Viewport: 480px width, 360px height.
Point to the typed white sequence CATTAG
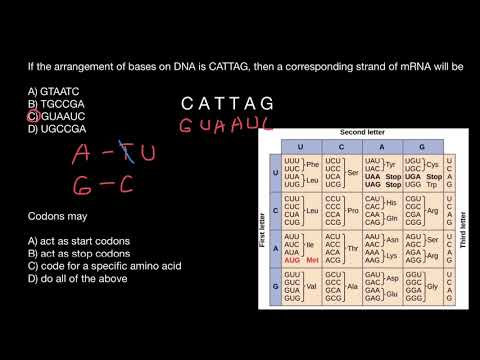point(227,103)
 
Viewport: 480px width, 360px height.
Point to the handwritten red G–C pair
point(106,185)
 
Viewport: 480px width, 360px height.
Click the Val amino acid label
point(313,285)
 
